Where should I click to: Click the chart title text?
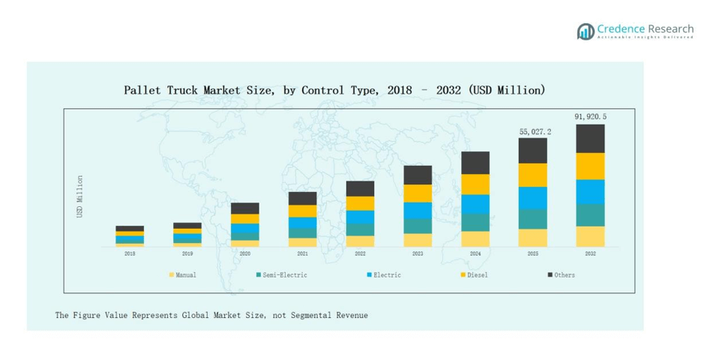334,90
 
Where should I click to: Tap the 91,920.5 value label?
590,116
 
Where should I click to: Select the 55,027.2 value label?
535,131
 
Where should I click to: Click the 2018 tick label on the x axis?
130,254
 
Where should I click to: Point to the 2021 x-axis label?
302,254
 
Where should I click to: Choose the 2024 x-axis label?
475,254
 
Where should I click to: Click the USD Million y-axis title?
80,196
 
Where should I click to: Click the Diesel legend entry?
477,275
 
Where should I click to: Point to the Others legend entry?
564,275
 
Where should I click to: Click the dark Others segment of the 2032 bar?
590,139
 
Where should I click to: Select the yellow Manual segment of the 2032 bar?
590,236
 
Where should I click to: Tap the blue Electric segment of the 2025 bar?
533,197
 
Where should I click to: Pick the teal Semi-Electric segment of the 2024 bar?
475,222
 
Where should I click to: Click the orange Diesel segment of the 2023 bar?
418,193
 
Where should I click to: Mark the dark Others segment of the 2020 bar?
245,208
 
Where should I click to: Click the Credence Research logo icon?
586,31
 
